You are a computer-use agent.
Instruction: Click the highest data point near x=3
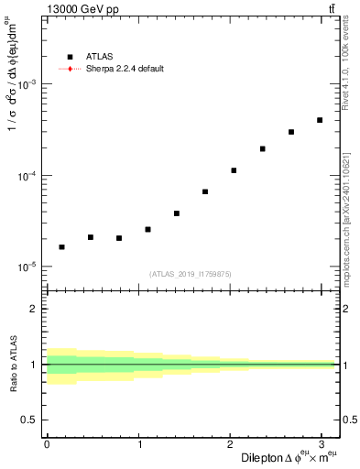[320, 120]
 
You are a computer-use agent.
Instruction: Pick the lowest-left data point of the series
[61, 246]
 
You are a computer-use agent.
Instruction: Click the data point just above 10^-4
[234, 170]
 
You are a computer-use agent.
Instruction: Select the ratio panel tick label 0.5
[30, 420]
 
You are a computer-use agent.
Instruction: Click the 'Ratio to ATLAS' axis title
[13, 364]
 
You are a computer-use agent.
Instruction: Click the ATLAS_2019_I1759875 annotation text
[191, 274]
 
